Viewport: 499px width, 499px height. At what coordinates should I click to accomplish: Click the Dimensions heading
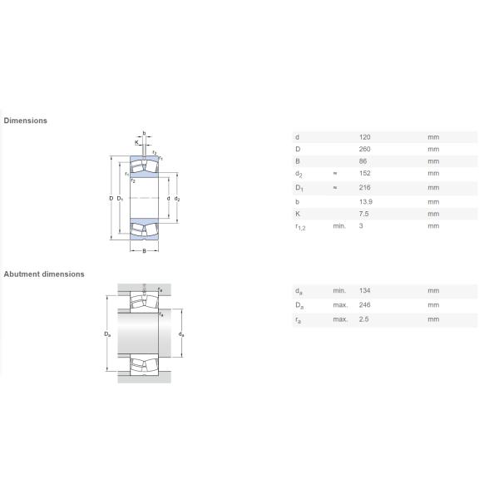26,121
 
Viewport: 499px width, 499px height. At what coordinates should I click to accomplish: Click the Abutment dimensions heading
44,274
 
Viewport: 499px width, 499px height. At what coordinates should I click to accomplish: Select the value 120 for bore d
365,137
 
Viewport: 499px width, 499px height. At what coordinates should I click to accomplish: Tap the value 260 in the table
365,149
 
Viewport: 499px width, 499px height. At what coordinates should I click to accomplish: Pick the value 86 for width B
363,161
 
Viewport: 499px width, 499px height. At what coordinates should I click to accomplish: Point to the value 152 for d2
365,173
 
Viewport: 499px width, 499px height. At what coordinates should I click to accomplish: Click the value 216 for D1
365,187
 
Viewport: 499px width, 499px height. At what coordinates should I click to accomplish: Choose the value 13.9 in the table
366,202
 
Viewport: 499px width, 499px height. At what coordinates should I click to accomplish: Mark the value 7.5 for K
363,214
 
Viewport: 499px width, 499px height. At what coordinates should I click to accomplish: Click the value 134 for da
365,290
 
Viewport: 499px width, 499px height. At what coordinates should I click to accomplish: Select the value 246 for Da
365,305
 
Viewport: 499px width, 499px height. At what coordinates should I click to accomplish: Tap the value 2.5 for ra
363,319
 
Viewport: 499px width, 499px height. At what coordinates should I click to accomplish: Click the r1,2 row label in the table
300,227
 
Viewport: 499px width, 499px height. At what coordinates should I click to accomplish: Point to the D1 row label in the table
299,188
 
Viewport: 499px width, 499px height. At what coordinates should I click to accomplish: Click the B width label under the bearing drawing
144,251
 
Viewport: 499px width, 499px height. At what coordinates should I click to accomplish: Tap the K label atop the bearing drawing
137,142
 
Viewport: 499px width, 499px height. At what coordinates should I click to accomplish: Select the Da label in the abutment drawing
107,334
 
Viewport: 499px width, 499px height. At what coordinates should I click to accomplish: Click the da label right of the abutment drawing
181,334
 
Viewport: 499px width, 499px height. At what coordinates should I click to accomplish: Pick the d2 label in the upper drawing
177,199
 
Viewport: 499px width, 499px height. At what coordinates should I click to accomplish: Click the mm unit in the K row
433,214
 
